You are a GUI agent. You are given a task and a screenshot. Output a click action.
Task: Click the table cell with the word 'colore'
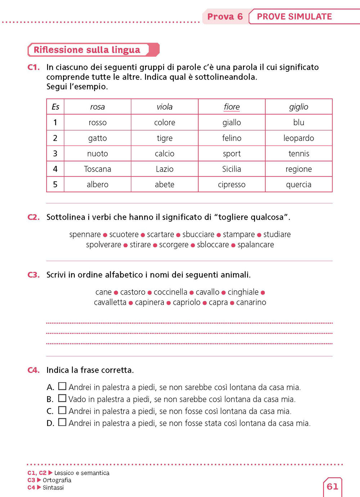click(x=165, y=123)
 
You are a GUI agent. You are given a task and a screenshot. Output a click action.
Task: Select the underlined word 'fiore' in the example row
click(x=231, y=107)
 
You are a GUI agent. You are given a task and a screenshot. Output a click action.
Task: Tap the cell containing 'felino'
click(x=231, y=138)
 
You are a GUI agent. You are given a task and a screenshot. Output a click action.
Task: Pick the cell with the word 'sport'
click(x=231, y=154)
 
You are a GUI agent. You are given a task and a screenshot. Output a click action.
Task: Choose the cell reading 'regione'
click(x=298, y=169)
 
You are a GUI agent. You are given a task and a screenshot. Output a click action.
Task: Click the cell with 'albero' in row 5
click(x=98, y=185)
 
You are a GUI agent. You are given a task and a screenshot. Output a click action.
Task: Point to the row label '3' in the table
click(x=55, y=154)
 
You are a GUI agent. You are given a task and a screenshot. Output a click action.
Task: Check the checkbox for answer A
click(x=62, y=387)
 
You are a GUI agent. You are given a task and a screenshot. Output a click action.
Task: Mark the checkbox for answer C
click(x=62, y=410)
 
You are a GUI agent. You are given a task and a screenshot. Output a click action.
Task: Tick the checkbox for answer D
click(x=62, y=422)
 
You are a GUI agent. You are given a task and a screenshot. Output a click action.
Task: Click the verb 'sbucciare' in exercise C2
click(x=198, y=235)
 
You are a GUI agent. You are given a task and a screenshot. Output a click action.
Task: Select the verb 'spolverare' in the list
click(x=104, y=245)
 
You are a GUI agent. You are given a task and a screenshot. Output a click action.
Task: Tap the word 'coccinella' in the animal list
click(x=171, y=292)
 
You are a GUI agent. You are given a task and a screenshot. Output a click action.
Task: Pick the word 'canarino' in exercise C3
click(x=251, y=302)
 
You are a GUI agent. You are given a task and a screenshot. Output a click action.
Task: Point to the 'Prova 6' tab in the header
click(x=225, y=17)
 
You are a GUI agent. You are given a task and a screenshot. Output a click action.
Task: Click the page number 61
click(x=332, y=487)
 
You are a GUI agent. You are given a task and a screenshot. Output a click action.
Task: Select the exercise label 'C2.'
click(x=33, y=217)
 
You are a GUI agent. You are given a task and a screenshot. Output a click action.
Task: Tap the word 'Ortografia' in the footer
click(x=57, y=480)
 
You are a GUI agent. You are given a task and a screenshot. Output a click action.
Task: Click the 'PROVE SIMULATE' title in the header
click(x=294, y=17)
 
